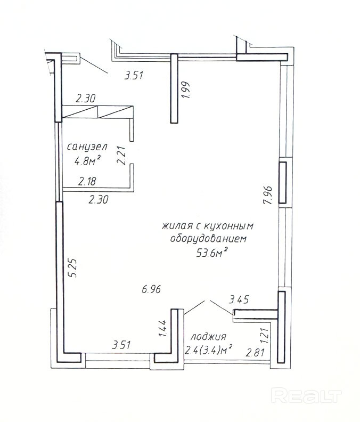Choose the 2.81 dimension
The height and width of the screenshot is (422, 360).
point(256,352)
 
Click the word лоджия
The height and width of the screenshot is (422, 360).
point(209,337)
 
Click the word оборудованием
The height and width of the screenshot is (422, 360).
point(209,239)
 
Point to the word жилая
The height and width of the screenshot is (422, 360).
point(175,226)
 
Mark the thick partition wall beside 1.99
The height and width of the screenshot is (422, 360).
point(174,88)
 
